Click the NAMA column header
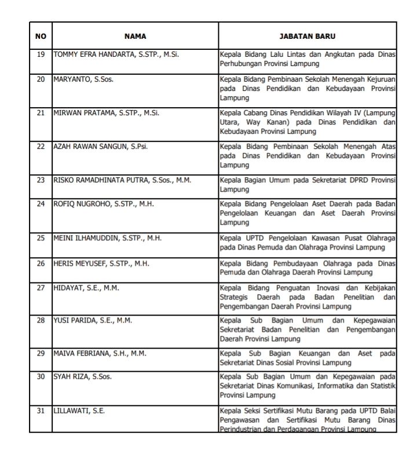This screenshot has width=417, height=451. point(136,36)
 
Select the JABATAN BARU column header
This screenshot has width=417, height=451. point(308,36)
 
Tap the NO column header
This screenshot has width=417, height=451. point(41,36)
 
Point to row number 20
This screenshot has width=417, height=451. point(41,79)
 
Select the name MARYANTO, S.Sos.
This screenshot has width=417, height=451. point(83,79)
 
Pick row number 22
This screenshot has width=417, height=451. point(41,146)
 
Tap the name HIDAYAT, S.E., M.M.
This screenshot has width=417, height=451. point(86,287)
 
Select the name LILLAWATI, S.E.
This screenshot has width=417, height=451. point(79,411)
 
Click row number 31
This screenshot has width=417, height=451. point(41,411)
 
